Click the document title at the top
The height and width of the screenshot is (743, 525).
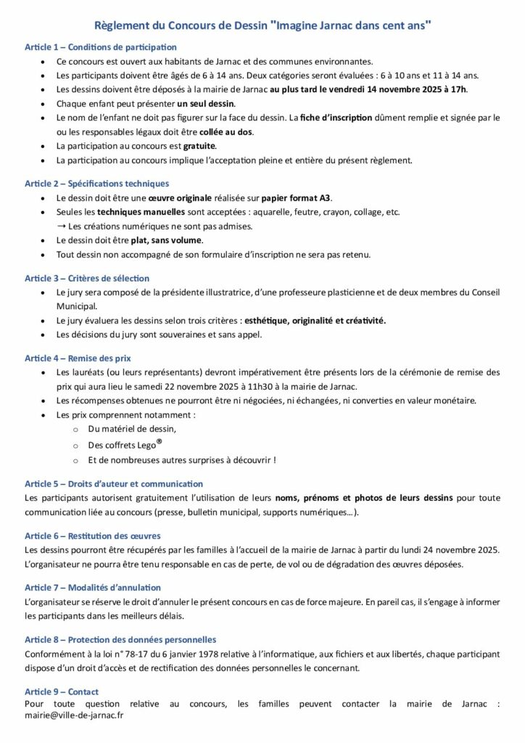(262, 25)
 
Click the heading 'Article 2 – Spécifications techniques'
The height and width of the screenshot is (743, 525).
(96, 184)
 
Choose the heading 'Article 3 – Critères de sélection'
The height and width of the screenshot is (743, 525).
(86, 278)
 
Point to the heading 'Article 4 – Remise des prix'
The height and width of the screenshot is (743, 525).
(78, 358)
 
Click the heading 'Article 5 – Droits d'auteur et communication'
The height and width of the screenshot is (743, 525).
(114, 483)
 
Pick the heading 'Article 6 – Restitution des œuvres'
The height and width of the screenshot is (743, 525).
(92, 535)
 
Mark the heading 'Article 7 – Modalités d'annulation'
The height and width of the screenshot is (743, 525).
(92, 587)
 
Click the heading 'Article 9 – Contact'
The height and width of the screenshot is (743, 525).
(61, 691)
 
